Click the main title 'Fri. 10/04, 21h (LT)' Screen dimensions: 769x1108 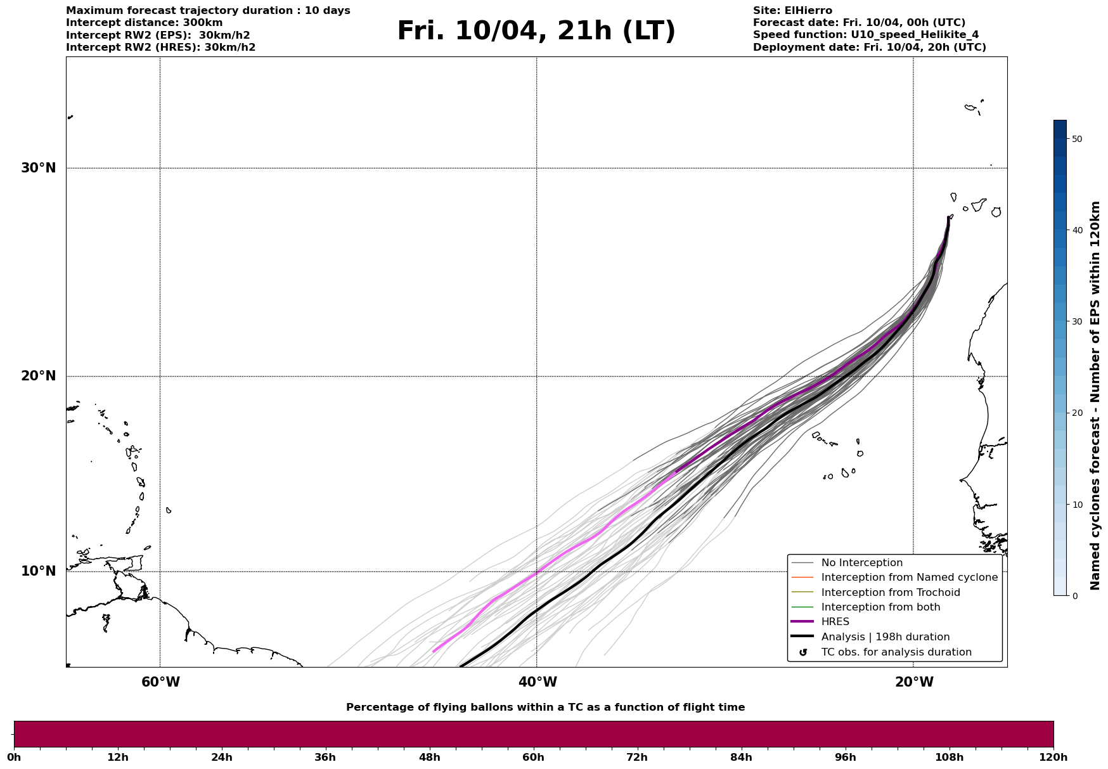(x=536, y=32)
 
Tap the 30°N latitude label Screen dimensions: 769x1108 (x=39, y=168)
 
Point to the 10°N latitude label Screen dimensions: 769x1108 (x=39, y=571)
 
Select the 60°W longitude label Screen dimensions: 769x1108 (x=160, y=682)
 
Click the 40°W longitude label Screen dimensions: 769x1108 (x=538, y=682)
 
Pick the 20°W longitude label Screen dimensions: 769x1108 (x=914, y=682)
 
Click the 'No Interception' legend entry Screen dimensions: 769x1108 (x=861, y=563)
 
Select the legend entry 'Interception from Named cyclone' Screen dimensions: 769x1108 (x=909, y=578)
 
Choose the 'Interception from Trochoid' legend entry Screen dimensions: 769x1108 (x=890, y=593)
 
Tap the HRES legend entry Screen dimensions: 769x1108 (x=835, y=622)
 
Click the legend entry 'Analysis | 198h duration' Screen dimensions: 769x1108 (x=885, y=637)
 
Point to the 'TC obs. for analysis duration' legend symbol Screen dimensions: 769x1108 (x=803, y=652)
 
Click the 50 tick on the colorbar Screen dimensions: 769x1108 (x=1076, y=139)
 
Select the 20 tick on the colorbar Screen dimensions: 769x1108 (x=1076, y=413)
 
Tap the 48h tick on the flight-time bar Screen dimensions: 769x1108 (x=430, y=757)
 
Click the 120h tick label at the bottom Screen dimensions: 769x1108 (x=1053, y=757)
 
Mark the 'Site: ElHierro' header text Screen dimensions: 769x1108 (x=792, y=11)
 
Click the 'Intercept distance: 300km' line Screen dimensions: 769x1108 (x=144, y=23)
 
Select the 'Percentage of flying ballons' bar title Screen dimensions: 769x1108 (x=545, y=708)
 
